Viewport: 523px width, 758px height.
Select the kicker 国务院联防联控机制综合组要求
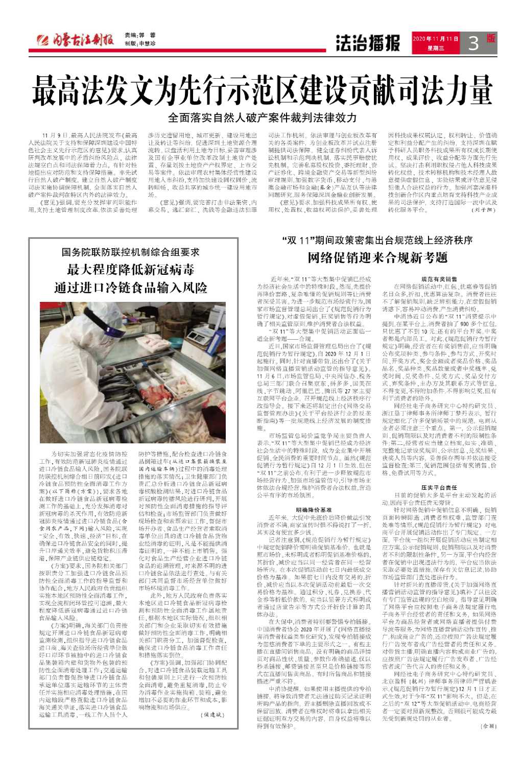click(x=131, y=252)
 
